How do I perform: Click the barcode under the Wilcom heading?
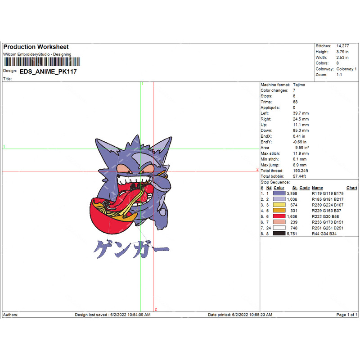click(x=42, y=62)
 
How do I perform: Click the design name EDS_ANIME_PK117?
click(x=48, y=72)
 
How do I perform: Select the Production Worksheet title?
click(x=36, y=47)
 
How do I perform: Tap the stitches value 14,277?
click(x=342, y=46)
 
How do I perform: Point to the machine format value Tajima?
click(x=299, y=85)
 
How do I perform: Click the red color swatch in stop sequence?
click(x=279, y=216)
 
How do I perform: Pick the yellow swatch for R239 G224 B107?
click(x=279, y=205)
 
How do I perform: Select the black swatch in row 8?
click(x=279, y=234)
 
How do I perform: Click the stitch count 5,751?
click(x=292, y=234)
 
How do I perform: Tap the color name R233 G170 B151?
click(x=328, y=222)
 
